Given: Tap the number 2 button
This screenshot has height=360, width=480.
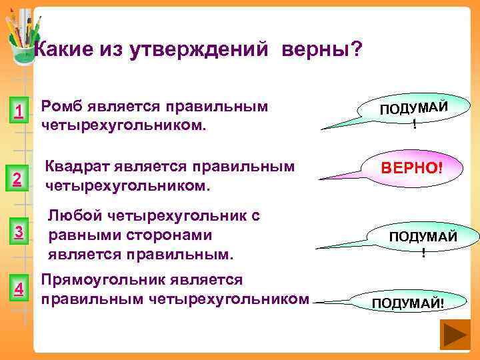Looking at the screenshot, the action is coord(20,178).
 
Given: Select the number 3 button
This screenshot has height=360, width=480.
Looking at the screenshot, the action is coord(20,231).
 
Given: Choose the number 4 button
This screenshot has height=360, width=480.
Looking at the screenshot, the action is coord(20,289).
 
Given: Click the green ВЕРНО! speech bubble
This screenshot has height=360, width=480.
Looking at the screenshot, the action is coord(411,167).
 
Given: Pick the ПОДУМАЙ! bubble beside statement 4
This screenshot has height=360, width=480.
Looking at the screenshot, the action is coord(407,303).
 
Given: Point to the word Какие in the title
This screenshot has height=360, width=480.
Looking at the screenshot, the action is coord(63,49).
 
